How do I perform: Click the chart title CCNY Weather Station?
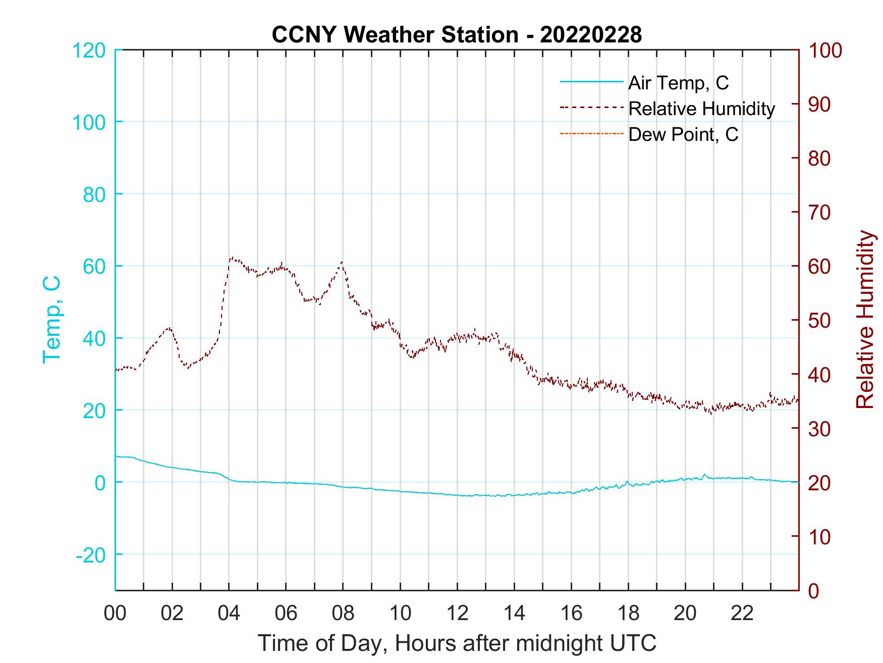(x=457, y=35)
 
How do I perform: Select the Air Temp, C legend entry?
(x=678, y=82)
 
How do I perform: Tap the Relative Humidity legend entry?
(x=701, y=109)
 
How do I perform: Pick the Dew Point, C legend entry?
(x=683, y=134)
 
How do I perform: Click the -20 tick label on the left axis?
(x=91, y=554)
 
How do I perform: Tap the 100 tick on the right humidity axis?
(x=825, y=50)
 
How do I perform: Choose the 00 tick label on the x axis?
(x=115, y=614)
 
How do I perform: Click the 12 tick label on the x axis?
(x=457, y=614)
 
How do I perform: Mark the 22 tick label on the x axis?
(x=742, y=614)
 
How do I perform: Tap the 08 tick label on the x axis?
(x=343, y=614)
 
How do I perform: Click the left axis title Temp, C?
(x=51, y=320)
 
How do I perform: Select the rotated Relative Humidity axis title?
(x=865, y=320)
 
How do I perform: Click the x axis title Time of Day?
(x=457, y=643)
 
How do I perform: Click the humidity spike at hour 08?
(x=342, y=262)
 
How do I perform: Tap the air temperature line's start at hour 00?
(x=117, y=456)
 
